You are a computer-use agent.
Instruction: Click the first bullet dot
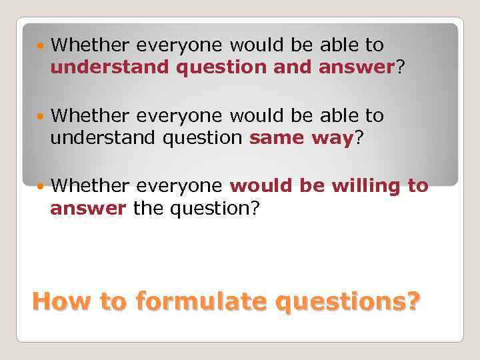(x=41, y=46)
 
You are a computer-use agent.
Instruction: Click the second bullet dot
(x=41, y=117)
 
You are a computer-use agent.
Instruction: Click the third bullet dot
(x=41, y=187)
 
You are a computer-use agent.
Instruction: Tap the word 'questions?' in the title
(x=347, y=303)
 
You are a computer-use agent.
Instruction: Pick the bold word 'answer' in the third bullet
(x=88, y=209)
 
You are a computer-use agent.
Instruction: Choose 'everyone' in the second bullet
(x=181, y=116)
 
